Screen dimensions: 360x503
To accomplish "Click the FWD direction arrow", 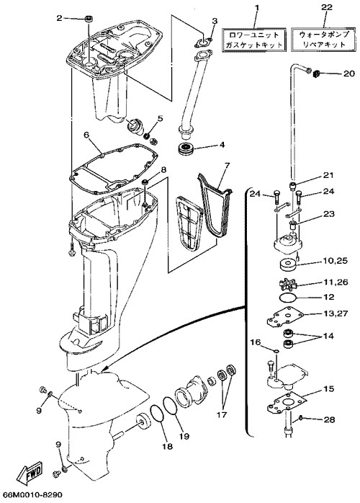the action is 30,473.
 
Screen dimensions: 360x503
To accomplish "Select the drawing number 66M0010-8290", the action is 32,495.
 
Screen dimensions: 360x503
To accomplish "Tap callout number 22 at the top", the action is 327,7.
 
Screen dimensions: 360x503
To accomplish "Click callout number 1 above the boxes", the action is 256,7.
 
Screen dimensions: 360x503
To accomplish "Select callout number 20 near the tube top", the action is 348,74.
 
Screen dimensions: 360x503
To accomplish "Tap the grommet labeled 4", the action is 185,149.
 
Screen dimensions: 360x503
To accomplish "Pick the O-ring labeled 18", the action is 157,418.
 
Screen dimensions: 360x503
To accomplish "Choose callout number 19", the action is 184,436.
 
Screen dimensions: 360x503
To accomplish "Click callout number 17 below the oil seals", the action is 222,414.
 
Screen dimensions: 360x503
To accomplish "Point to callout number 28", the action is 330,419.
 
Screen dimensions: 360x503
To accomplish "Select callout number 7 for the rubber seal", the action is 227,166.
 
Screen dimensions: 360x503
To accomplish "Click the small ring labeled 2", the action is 89,19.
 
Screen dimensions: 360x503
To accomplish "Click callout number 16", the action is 256,342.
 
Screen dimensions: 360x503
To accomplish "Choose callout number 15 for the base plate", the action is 328,388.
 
